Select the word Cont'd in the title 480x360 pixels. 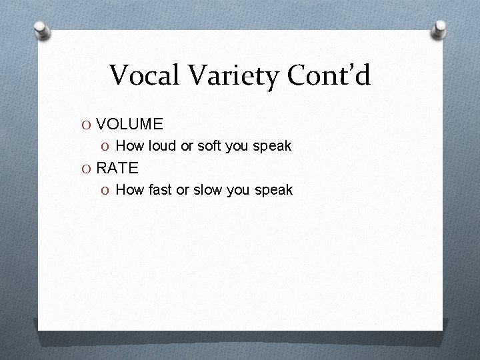click(x=327, y=75)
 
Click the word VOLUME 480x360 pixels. click(x=129, y=124)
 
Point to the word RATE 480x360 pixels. click(x=117, y=168)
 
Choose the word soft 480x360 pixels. click(x=211, y=145)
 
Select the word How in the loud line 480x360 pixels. click(x=129, y=145)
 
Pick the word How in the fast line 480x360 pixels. click(x=129, y=190)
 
